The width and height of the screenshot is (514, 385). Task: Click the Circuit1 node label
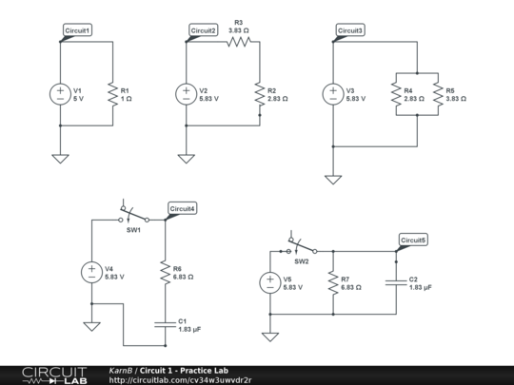click(78, 31)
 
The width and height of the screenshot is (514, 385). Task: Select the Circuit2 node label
click(204, 31)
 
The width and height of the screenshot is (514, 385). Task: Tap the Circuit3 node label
click(350, 31)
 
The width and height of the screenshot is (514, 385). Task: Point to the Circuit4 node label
click(183, 208)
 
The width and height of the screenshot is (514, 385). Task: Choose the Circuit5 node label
click(413, 240)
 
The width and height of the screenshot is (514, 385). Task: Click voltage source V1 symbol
click(59, 94)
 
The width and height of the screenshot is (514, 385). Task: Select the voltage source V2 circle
click(185, 94)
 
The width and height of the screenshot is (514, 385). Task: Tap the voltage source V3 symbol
click(332, 94)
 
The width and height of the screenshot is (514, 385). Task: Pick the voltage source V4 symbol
click(92, 272)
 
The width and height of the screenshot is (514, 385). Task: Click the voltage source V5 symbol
click(270, 282)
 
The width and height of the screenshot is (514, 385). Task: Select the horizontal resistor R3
click(237, 42)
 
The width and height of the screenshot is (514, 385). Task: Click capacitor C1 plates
click(164, 324)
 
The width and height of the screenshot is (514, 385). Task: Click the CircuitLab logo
click(53, 375)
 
